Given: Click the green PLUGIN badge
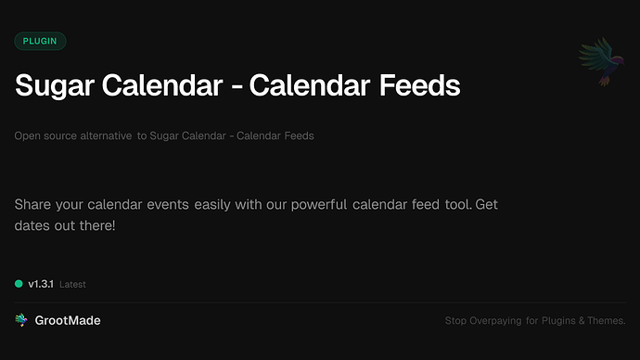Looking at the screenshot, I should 40,41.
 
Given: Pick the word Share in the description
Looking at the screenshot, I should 33,204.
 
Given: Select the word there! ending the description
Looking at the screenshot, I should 96,225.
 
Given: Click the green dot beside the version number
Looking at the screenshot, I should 19,284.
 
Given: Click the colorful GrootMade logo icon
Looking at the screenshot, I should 21,320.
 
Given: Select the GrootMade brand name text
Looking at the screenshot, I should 68,320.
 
